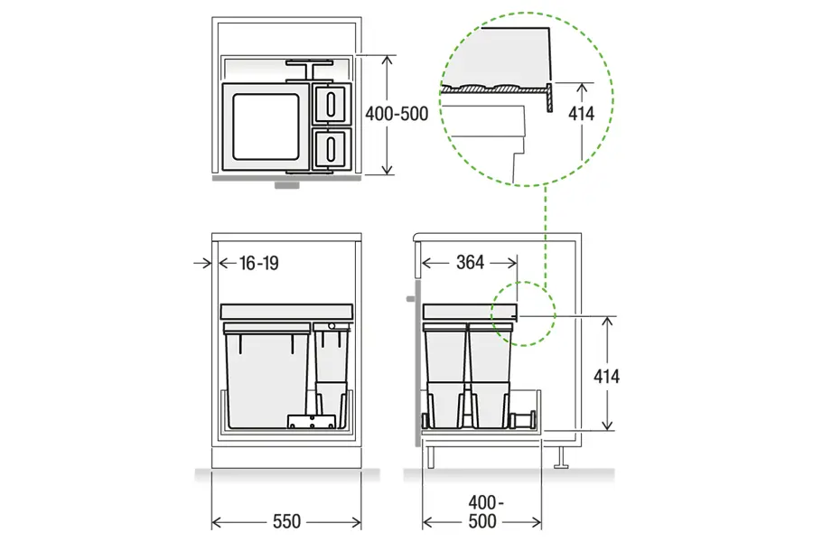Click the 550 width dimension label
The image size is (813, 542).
pyautogui.click(x=286, y=520)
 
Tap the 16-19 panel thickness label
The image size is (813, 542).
pyautogui.click(x=259, y=263)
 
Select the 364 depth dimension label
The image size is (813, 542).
pyautogui.click(x=471, y=263)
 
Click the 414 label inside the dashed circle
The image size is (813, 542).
pyautogui.click(x=581, y=114)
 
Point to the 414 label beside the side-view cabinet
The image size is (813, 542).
pyautogui.click(x=607, y=376)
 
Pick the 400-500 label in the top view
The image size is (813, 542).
pyautogui.click(x=397, y=114)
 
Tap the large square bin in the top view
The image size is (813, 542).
pyautogui.click(x=266, y=127)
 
